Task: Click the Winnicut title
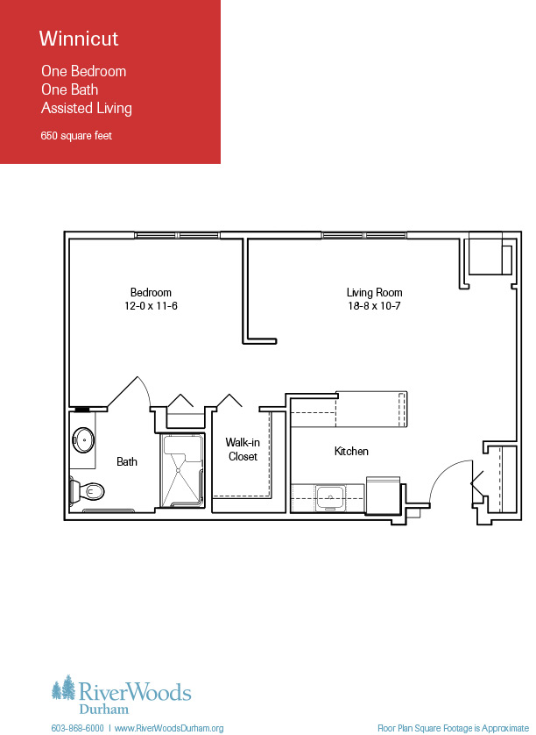(79, 39)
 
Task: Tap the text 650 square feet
(76, 136)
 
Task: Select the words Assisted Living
(87, 108)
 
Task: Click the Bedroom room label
(151, 292)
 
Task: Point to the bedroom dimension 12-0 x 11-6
(151, 306)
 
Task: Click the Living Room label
(375, 293)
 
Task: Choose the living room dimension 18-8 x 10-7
(374, 306)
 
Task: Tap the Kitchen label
(351, 452)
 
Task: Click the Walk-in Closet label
(243, 449)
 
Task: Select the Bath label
(127, 461)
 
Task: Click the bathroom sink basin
(83, 440)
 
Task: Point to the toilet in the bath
(87, 491)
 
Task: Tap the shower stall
(182, 471)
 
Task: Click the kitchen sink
(330, 497)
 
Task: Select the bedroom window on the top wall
(177, 235)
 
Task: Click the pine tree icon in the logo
(64, 688)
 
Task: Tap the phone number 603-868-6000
(78, 729)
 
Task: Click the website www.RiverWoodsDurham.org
(169, 729)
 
